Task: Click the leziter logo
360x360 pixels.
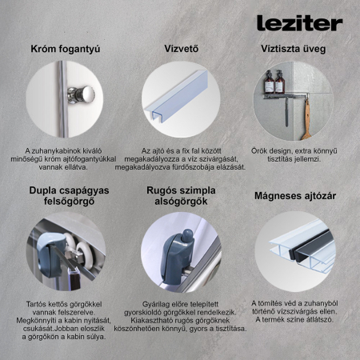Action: point(299,22)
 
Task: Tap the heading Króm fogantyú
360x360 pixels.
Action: point(65,49)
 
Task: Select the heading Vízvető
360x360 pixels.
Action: point(181,49)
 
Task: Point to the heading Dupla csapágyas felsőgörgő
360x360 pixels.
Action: point(65,198)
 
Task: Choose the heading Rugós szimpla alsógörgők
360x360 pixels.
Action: point(181,198)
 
